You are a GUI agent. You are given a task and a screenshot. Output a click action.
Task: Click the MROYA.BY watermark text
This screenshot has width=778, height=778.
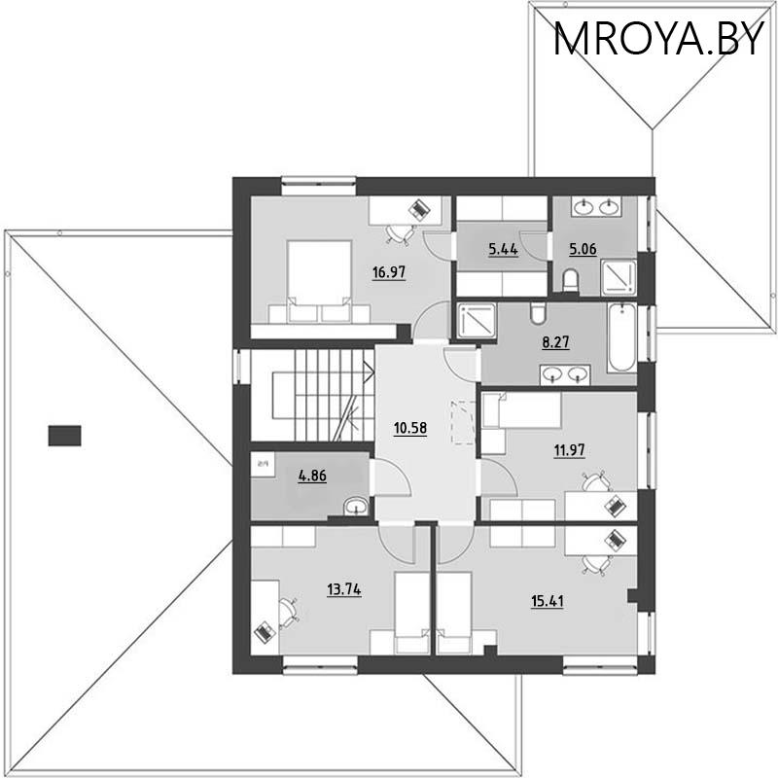(x=658, y=39)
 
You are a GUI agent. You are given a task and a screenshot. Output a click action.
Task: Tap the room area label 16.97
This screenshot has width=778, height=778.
(x=388, y=272)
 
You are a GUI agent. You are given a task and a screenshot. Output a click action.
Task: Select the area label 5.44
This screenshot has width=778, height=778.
(x=502, y=249)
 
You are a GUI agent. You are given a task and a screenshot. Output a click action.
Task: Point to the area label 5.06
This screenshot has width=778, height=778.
(x=583, y=249)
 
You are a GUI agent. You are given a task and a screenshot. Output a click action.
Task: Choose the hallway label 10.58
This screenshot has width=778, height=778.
(x=410, y=427)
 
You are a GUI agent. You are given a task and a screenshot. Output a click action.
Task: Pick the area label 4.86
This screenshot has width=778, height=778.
(x=311, y=477)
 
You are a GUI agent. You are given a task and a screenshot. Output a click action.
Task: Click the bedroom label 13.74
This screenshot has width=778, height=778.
(x=344, y=587)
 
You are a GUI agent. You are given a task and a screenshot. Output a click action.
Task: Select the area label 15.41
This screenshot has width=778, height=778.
(x=547, y=600)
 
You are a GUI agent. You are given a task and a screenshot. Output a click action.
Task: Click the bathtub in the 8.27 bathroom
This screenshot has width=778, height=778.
(x=621, y=337)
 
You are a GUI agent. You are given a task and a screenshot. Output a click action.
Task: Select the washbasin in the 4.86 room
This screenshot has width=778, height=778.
(x=356, y=506)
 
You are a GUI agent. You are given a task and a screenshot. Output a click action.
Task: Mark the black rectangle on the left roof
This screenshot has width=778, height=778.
(x=64, y=435)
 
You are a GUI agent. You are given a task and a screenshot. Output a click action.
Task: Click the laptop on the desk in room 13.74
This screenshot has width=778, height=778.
(x=264, y=631)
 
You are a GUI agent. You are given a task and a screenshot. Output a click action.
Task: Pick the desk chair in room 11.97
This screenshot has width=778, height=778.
(x=592, y=482)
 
